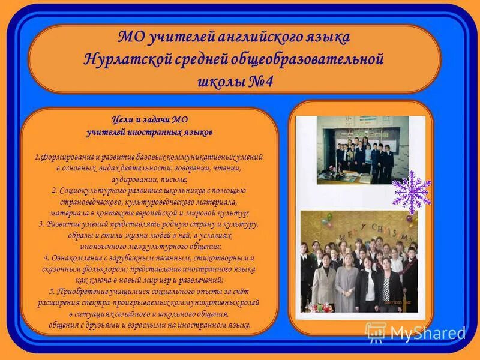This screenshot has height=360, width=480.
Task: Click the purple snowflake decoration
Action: click(411, 191)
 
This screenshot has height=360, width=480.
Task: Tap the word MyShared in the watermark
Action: click(427, 333)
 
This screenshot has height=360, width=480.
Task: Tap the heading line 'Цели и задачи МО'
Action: click(149, 119)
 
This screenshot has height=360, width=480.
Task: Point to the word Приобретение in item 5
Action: click(84, 291)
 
